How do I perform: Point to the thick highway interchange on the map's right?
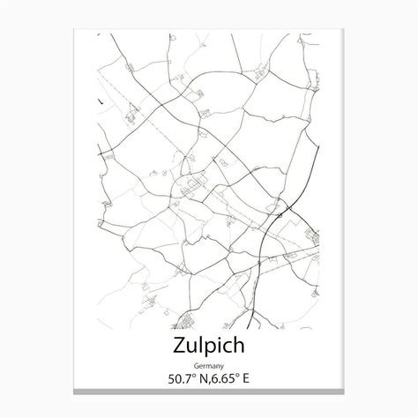click(283, 210)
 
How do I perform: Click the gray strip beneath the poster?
click(209, 392)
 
